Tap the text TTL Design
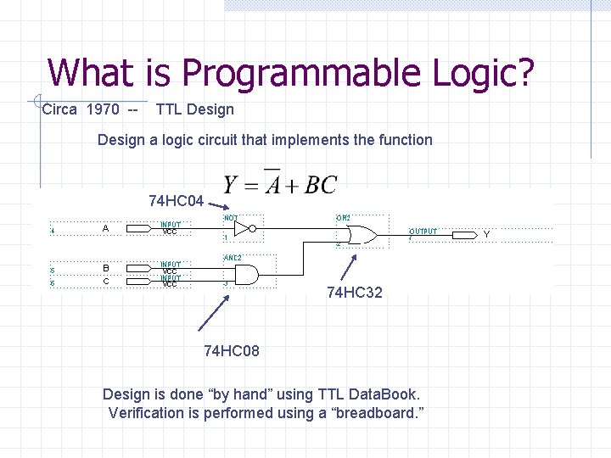click(x=194, y=109)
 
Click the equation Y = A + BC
click(x=279, y=184)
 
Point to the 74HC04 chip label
click(x=176, y=201)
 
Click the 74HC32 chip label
click(x=355, y=293)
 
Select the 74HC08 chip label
click(x=232, y=351)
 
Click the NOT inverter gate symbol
click(x=244, y=229)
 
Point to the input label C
click(x=105, y=282)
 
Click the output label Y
click(x=486, y=234)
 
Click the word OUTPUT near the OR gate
click(x=423, y=231)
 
